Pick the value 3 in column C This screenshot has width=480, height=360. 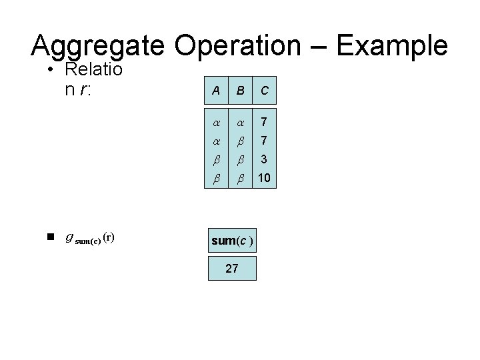tap(265, 160)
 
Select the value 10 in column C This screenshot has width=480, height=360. tap(265, 178)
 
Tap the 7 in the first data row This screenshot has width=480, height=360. tap(265, 123)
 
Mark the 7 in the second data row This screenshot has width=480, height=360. tap(265, 141)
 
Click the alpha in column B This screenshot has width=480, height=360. tap(240, 123)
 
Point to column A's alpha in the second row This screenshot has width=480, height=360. tap(216, 141)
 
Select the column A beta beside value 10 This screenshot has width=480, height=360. tap(216, 179)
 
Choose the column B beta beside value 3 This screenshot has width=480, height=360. tap(240, 161)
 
